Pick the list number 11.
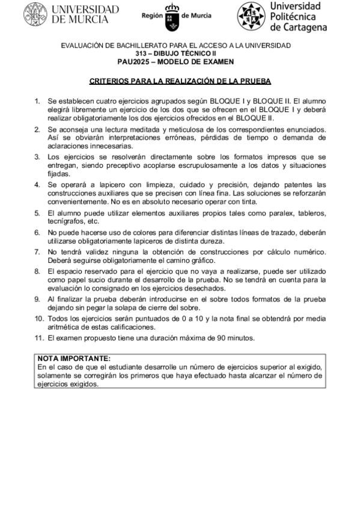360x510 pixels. coord(38,338)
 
